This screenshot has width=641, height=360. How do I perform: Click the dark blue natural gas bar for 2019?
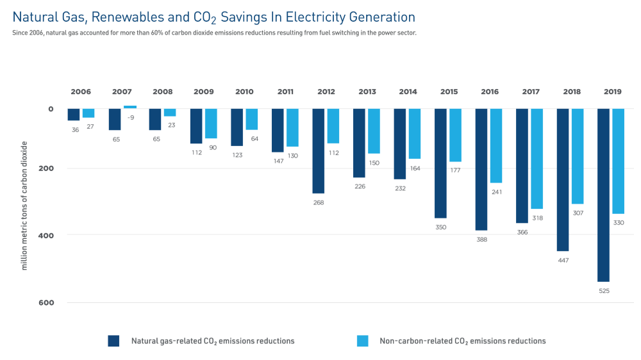[603, 195]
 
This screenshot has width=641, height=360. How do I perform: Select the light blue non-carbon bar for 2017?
[537, 158]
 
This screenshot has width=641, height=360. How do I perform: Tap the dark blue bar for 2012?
[318, 151]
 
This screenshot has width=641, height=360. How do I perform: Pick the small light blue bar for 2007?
[130, 107]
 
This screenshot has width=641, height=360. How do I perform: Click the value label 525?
[604, 291]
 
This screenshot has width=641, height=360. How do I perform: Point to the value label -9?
[131, 117]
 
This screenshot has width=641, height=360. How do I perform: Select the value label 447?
[563, 260]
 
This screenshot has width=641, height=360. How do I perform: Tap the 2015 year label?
[449, 92]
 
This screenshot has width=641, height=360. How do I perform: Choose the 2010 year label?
[244, 92]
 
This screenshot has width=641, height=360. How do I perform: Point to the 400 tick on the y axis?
[47, 235]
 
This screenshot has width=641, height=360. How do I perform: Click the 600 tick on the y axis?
[47, 302]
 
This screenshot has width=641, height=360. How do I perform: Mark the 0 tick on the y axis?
[51, 109]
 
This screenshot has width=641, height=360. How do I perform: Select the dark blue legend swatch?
[113, 341]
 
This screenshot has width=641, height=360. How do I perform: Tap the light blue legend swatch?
[362, 341]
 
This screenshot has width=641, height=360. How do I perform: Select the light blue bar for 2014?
[414, 133]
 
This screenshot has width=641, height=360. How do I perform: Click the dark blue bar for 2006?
[74, 114]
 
